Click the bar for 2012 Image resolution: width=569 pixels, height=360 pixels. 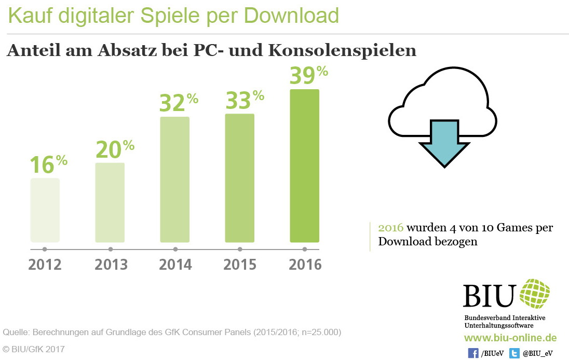click(x=45, y=210)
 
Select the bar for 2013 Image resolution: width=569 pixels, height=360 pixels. click(x=110, y=202)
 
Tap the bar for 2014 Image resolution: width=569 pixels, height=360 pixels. click(x=175, y=179)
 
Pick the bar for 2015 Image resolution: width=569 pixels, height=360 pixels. click(x=239, y=178)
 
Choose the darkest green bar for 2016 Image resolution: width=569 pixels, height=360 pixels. click(x=304, y=166)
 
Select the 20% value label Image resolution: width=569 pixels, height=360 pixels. click(x=114, y=149)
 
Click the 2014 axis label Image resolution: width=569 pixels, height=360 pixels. click(x=175, y=265)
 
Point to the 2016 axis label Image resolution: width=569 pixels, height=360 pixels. click(x=305, y=265)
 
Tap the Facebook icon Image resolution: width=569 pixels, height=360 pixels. click(x=473, y=353)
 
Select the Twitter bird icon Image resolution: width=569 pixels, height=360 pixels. click(x=514, y=353)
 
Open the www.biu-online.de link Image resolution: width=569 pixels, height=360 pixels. click(x=510, y=338)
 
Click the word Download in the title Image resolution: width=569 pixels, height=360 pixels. click(x=291, y=16)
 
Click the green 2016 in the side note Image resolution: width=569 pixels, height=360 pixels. click(x=391, y=228)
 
